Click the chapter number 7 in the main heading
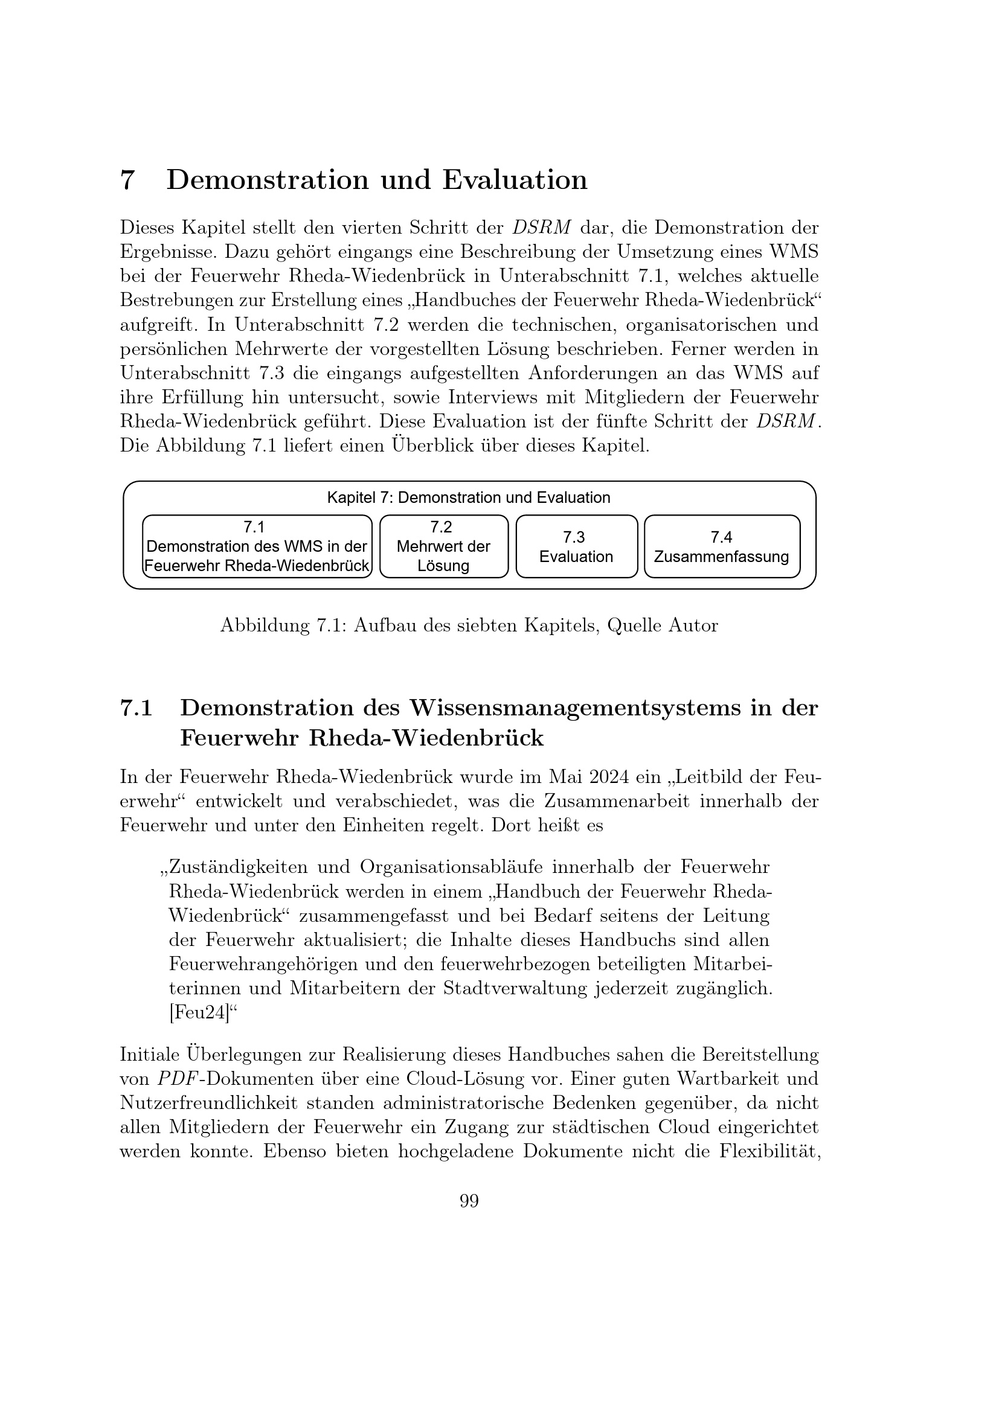127,180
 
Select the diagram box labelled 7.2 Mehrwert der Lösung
443,547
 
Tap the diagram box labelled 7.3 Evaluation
576,547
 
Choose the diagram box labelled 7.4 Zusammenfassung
722,547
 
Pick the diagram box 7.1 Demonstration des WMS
257,547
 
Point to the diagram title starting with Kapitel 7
468,497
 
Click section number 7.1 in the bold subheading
136,709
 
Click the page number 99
469,1201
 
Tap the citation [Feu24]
199,1013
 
